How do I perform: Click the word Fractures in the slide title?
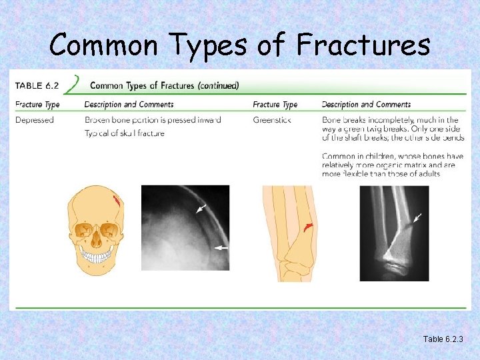pyautogui.click(x=363, y=45)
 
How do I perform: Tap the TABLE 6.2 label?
pyautogui.click(x=39, y=85)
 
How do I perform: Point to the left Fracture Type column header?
pyautogui.click(x=37, y=105)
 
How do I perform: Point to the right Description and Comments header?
pyautogui.click(x=366, y=105)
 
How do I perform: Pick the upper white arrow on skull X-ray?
pyautogui.click(x=201, y=209)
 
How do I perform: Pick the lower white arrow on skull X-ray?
pyautogui.click(x=221, y=247)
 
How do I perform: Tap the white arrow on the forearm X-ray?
pyautogui.click(x=417, y=217)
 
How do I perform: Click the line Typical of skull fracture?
pyautogui.click(x=124, y=133)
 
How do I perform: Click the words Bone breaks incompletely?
pyautogui.click(x=364, y=120)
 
